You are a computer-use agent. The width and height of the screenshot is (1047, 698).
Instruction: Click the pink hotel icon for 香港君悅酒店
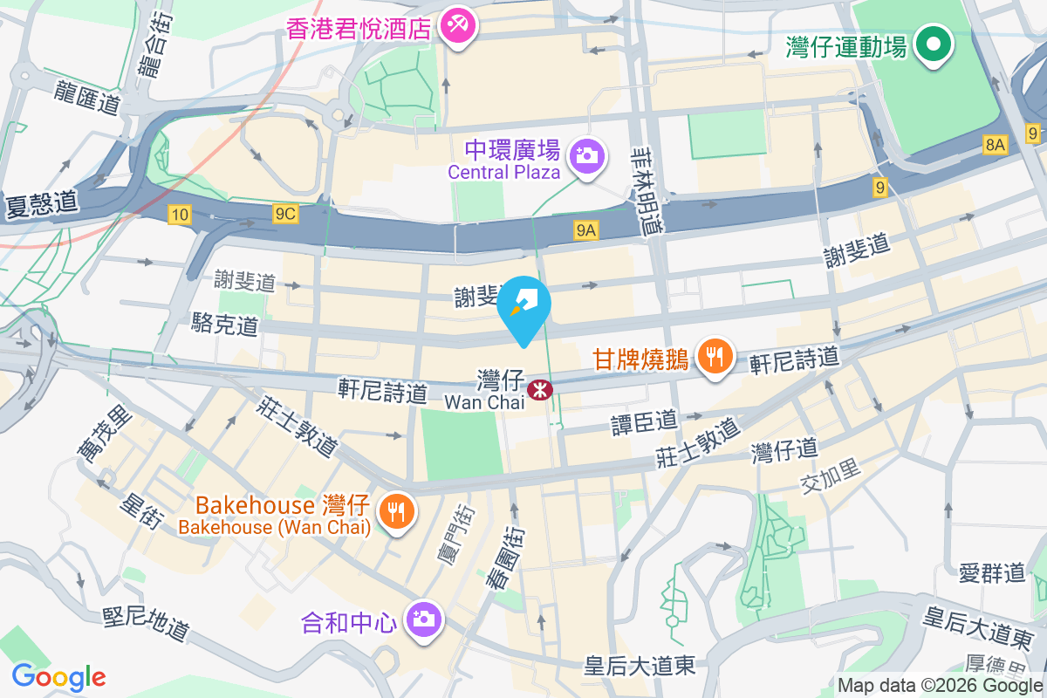point(455,25)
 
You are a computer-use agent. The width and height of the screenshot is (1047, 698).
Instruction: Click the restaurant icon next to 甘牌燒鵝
point(715,356)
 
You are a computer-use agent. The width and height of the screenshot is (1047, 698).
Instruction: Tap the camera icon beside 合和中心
point(425,620)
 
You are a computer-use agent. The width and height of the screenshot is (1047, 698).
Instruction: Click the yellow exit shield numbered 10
point(180,215)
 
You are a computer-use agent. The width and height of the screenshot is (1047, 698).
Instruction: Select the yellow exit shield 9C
point(285,215)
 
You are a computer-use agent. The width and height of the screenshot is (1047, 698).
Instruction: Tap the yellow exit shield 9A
point(586,230)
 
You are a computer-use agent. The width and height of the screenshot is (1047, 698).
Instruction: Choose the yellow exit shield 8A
point(996,145)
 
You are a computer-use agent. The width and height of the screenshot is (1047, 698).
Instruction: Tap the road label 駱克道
point(225,325)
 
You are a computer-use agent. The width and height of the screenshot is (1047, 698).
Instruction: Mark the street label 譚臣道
point(644,422)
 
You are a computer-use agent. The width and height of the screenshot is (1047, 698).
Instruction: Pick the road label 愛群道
point(992,573)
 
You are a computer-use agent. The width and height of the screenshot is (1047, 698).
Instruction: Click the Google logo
point(58,677)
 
